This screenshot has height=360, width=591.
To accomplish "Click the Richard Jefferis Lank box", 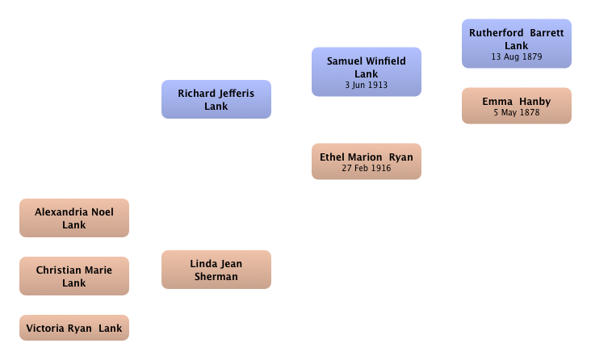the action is pos(216,99).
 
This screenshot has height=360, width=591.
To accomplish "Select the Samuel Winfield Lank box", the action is pos(367,72).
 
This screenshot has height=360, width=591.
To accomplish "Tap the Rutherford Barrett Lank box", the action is pos(517,44).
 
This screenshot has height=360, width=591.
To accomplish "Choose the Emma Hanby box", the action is pos(517,106).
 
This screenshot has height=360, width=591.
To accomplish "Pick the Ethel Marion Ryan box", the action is pos(367,161).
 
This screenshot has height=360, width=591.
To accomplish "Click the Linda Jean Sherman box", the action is pos(216,270).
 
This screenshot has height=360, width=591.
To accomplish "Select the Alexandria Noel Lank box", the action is pos(74,218).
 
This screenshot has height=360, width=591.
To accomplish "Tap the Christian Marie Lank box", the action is pos(74,276).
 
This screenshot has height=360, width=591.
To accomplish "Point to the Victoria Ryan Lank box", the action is pos(74,328).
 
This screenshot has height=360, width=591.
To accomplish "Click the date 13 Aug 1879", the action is pos(517,57).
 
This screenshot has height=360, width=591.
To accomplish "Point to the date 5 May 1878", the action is pos(517,112).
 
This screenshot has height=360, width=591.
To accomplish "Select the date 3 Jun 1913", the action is pos(367,85).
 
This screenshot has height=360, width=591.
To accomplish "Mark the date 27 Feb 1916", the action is pos(367,168).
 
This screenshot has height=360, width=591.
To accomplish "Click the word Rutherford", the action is pos(496,33).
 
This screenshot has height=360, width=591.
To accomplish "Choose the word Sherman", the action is pos(216,276).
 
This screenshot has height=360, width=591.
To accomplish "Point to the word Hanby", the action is pos(534,102).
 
